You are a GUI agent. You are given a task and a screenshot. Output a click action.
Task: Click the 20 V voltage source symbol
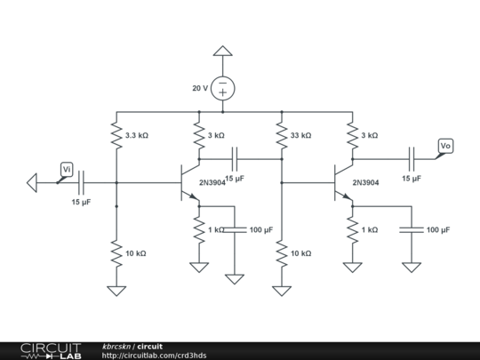(x=222, y=88)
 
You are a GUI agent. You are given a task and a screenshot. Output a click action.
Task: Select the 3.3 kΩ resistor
(x=116, y=136)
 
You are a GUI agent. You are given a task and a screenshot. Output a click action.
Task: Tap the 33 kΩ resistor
(x=281, y=136)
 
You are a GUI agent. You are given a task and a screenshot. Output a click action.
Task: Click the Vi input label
(x=67, y=168)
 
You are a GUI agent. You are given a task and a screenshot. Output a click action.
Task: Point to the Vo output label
(x=445, y=145)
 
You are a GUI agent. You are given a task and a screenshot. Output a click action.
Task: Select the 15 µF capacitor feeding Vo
(x=412, y=160)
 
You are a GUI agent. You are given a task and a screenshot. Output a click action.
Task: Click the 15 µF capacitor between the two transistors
(x=235, y=160)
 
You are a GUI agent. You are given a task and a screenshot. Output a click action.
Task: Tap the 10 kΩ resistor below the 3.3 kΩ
(x=116, y=253)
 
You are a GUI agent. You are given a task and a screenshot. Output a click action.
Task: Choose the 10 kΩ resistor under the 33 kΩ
(x=281, y=253)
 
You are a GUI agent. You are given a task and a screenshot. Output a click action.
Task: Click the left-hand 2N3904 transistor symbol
(x=189, y=183)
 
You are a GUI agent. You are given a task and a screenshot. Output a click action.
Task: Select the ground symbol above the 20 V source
(x=222, y=53)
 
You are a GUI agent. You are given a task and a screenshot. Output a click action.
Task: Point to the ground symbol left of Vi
(x=33, y=183)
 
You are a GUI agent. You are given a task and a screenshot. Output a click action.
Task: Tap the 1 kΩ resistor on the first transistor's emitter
(x=198, y=230)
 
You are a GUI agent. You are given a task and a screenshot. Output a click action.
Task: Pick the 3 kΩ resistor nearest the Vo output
(x=354, y=136)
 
